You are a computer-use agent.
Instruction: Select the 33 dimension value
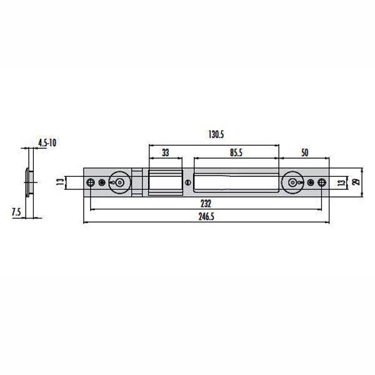[x=166, y=152]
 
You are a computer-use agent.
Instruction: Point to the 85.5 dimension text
[x=236, y=152]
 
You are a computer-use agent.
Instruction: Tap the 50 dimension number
[x=304, y=152]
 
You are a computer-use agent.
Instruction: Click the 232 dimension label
[x=206, y=204]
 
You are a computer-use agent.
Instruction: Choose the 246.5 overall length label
[x=206, y=216]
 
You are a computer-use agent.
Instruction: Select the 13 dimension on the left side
[x=58, y=182]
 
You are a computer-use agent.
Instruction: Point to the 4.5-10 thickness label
[x=47, y=143]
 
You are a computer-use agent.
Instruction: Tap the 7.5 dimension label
[x=16, y=212]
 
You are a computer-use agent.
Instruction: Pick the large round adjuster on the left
[x=118, y=182]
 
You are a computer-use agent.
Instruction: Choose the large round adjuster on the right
[x=292, y=182]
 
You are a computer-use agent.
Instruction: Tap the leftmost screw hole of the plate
[x=91, y=182]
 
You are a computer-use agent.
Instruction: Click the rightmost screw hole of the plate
[x=321, y=182]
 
